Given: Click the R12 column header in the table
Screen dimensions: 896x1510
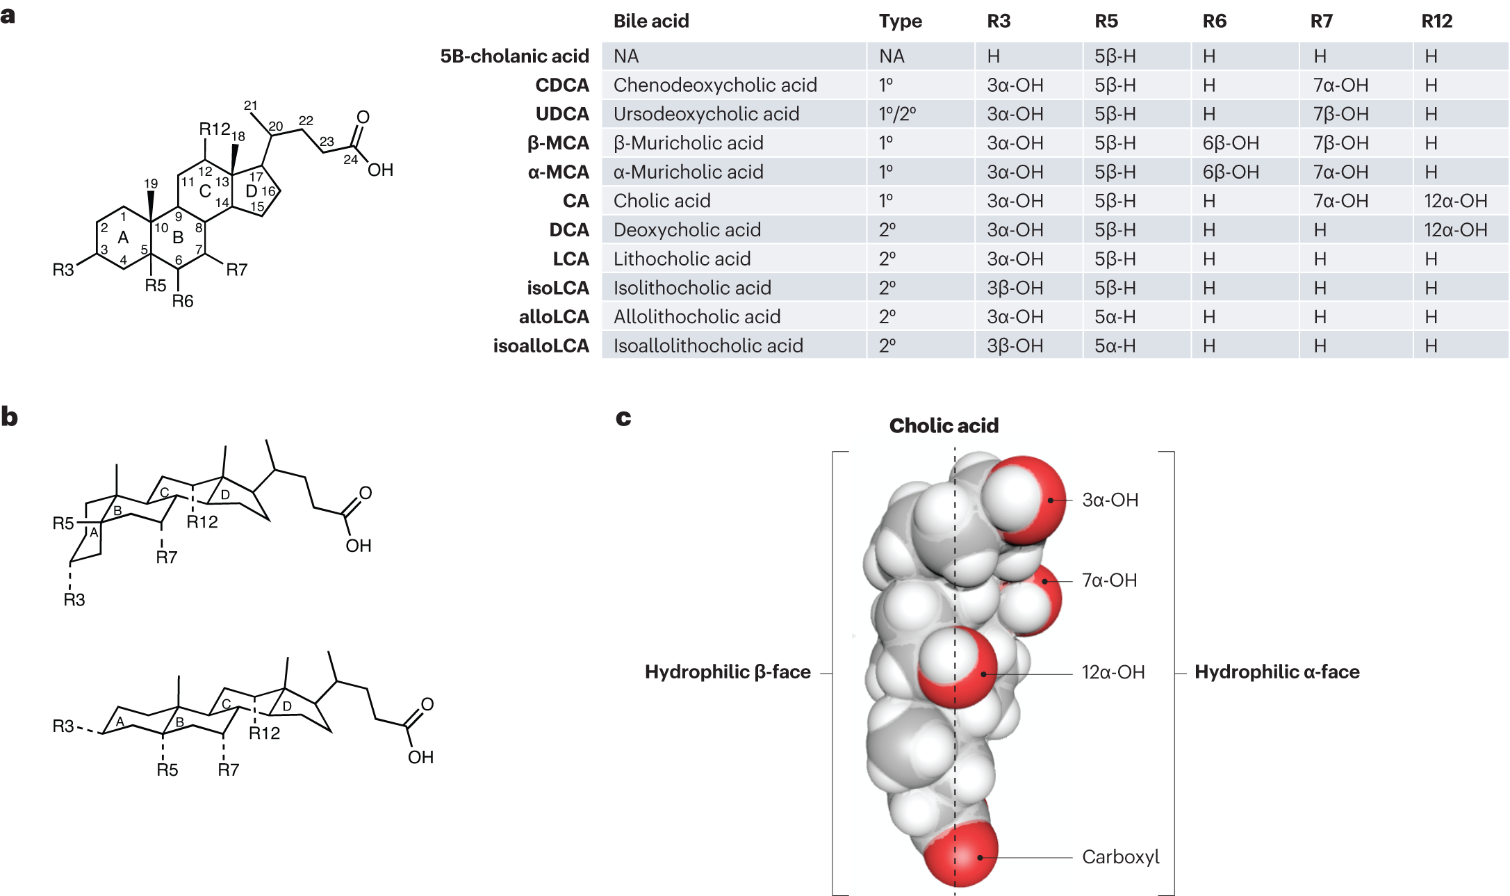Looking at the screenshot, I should click(x=1436, y=22).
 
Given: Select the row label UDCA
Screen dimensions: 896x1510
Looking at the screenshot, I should click(x=561, y=114).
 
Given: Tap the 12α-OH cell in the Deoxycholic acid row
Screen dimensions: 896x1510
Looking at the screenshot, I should click(x=1455, y=230).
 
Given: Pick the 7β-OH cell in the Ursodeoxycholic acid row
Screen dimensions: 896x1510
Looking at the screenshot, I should click(x=1340, y=114).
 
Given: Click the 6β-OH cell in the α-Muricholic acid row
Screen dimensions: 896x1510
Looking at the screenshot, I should click(x=1231, y=172).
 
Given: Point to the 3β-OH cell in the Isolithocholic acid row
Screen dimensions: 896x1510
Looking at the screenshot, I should click(x=1015, y=288).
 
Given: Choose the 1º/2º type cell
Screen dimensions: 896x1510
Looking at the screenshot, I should click(x=897, y=114).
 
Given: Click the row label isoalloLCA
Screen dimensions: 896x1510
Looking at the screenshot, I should click(x=541, y=346).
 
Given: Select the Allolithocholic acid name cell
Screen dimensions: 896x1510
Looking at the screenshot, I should click(x=696, y=317).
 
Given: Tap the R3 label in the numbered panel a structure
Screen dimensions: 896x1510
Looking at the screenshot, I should click(x=63, y=270).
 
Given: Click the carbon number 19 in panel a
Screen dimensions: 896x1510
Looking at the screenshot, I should click(x=151, y=184).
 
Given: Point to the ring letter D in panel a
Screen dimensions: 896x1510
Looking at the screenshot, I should click(x=251, y=190).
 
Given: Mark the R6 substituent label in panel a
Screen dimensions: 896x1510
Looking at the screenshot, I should click(x=183, y=301).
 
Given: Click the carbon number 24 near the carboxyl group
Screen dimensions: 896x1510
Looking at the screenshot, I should click(x=350, y=160).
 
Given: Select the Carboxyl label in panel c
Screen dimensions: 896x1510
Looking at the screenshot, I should click(x=1120, y=857).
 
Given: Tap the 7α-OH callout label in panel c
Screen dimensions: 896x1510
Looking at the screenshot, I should click(x=1109, y=580).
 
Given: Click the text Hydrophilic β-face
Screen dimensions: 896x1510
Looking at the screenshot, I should click(x=728, y=672).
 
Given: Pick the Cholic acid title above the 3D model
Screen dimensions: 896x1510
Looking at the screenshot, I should click(x=944, y=426).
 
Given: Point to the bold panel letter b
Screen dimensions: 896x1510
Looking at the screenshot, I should click(x=10, y=417).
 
